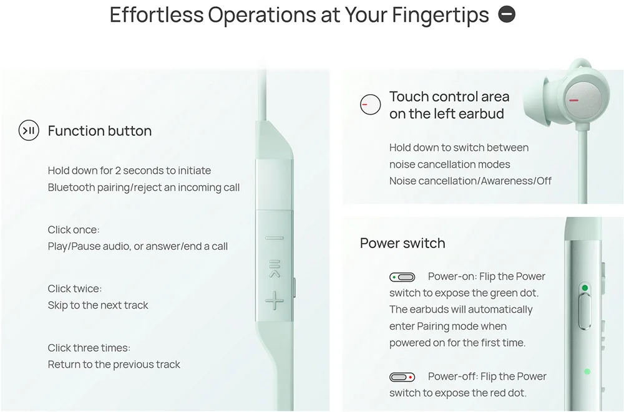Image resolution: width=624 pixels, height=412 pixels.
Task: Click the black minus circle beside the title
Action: pos(507,14)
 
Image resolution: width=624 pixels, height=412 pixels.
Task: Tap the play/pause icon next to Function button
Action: pos(29,131)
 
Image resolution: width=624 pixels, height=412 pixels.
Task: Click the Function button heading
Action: pos(100,131)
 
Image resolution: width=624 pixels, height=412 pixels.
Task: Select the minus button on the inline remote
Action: pos(274,237)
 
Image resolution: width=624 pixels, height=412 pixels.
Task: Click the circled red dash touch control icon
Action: pos(371,105)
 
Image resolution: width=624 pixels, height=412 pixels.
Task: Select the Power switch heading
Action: pos(402,243)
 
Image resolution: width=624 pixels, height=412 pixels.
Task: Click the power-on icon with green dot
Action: pos(402,277)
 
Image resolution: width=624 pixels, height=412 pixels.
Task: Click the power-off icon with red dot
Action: pos(402,377)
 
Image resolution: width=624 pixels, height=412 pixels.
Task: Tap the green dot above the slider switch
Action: pos(585,288)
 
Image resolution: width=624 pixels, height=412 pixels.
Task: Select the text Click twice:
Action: pos(75,289)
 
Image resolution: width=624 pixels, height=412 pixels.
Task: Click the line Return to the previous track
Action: pos(114,365)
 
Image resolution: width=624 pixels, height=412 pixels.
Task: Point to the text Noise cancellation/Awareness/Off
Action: pos(470,181)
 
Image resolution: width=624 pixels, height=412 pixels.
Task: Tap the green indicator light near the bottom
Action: pos(587,371)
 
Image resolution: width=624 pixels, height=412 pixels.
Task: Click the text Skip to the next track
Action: pos(98,305)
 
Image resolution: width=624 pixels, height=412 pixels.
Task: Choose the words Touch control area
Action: pos(449,97)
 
